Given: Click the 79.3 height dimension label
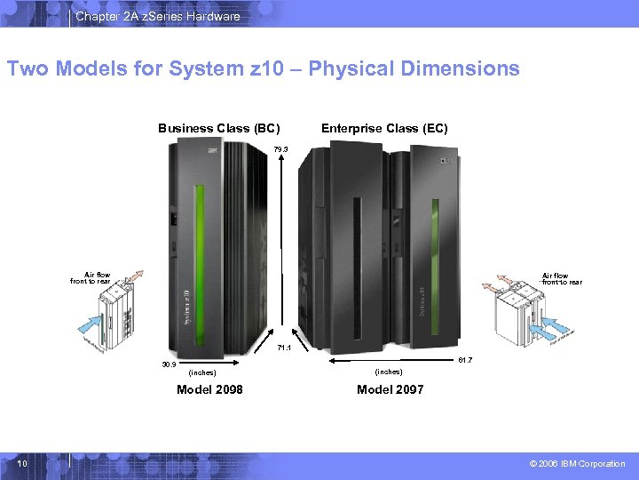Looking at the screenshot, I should click(280, 149).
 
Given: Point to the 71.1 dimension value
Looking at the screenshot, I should click(284, 348).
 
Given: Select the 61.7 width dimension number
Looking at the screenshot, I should click(464, 360).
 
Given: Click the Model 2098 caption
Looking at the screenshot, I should click(210, 389).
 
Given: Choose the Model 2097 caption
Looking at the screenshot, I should click(390, 389).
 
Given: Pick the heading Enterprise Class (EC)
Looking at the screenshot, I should click(384, 128).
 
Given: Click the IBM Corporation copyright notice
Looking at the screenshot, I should click(578, 464).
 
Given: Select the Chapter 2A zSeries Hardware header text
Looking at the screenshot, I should click(157, 16).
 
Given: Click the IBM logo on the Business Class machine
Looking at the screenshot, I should click(213, 153).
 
